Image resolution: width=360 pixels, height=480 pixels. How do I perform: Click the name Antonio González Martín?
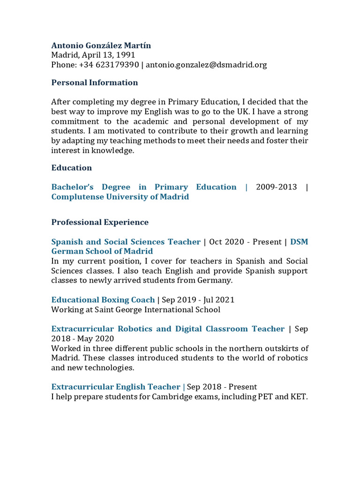pos(101,45)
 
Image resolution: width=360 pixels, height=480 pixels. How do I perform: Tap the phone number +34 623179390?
pos(109,65)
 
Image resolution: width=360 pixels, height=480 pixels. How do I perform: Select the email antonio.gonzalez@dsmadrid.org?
pos(206,65)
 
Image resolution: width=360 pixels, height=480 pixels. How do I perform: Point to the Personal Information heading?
pos(94,82)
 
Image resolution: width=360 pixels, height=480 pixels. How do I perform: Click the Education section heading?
pos(71,168)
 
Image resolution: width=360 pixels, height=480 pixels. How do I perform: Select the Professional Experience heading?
pos(100,222)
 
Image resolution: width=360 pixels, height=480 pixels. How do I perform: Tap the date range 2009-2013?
pos(277,187)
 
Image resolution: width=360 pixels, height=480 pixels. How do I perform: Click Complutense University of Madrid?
pos(120,197)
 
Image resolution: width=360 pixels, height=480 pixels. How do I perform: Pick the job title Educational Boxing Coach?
pos(103,300)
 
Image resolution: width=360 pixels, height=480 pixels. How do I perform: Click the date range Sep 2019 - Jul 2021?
pos(198,300)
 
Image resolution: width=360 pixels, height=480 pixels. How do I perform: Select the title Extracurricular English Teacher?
pos(115,387)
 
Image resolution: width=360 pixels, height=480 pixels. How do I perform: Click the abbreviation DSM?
pos(299,242)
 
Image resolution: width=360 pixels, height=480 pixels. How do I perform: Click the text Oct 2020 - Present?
pos(245,242)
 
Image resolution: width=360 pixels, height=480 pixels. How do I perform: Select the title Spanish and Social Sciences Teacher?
pos(126,242)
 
